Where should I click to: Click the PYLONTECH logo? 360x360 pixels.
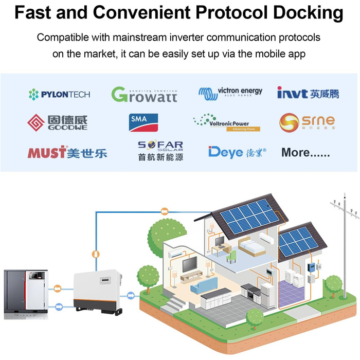coord(59,94)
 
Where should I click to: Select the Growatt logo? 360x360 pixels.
coord(144,94)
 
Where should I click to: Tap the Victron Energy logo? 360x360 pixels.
coord(230,93)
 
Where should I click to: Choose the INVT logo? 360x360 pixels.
coord(308,93)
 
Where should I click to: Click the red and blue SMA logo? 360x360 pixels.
coord(145,122)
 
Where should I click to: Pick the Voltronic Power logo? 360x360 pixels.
coord(227,123)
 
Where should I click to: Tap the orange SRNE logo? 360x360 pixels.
coord(307,122)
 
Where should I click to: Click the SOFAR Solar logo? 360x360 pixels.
coord(160,151)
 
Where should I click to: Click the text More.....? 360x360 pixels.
coord(305,152)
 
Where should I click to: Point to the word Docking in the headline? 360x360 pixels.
coord(313,12)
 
